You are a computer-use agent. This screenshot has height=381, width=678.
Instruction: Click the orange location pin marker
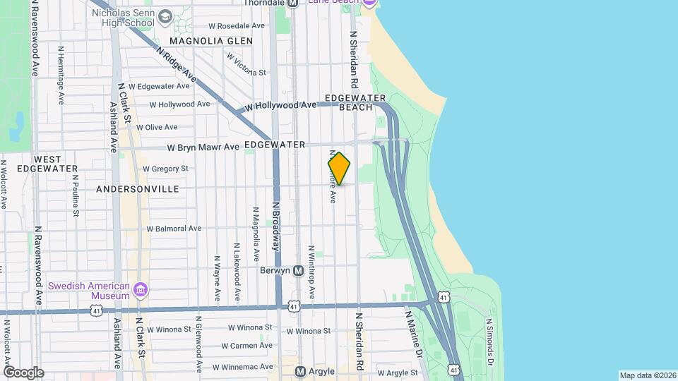click(339, 169)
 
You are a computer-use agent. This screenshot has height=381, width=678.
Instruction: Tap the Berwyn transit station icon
click(298, 270)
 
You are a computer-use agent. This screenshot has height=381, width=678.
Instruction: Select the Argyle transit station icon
click(300, 371)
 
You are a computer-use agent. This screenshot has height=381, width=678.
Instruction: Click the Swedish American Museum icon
click(141, 289)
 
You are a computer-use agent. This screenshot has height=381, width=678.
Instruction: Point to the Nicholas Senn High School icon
click(165, 16)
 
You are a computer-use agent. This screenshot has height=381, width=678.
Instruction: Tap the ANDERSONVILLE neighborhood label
click(138, 189)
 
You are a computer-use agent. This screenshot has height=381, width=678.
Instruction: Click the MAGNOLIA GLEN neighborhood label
click(211, 41)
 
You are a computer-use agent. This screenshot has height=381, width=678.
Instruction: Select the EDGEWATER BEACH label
click(355, 102)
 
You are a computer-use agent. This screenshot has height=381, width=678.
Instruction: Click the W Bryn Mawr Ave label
click(203, 147)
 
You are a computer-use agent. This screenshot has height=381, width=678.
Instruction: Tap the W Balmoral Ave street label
click(174, 229)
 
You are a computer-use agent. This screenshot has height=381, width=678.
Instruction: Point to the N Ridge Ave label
click(177, 65)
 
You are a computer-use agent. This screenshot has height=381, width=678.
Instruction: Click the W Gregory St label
click(165, 169)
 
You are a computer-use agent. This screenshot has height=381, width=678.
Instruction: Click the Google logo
click(23, 373)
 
